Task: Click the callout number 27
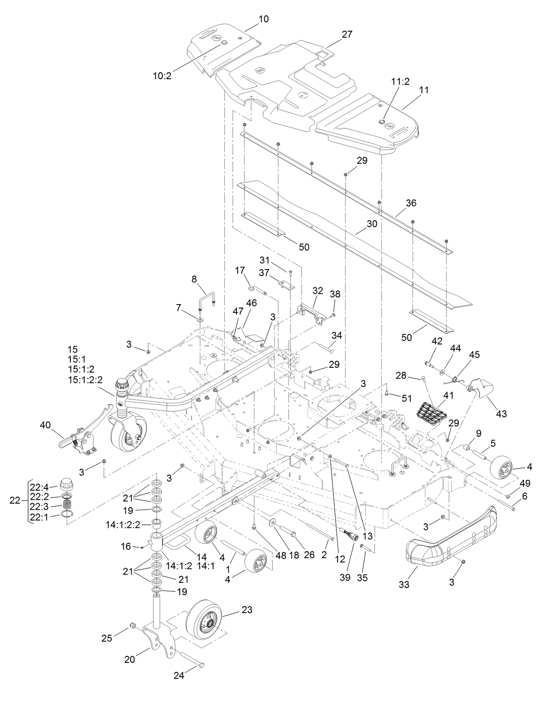click(x=347, y=35)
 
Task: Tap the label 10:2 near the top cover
click(x=162, y=76)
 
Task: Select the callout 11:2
click(x=400, y=81)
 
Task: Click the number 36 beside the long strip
click(x=411, y=203)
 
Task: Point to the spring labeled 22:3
click(x=67, y=505)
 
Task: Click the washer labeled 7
click(x=201, y=319)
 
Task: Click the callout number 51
click(x=406, y=398)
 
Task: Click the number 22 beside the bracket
click(x=15, y=501)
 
